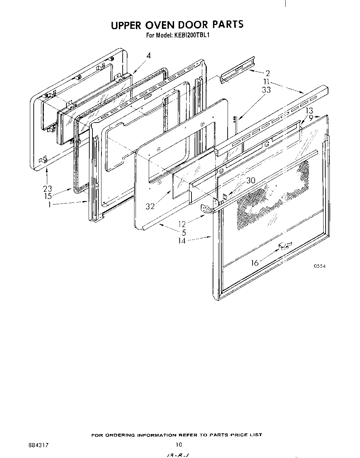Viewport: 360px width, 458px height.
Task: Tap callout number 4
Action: pos(148,56)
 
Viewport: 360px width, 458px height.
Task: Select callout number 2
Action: pos(268,73)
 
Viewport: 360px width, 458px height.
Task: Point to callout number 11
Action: pos(267,82)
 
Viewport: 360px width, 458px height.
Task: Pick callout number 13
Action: pos(309,111)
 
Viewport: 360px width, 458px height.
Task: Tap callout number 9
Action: pos(311,118)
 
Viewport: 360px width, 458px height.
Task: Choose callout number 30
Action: pos(251,181)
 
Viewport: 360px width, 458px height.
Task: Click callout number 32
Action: pos(150,207)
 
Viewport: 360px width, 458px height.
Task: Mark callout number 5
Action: pos(183,232)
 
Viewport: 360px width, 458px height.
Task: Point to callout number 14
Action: pos(182,241)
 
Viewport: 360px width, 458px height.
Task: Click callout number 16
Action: pos(255,263)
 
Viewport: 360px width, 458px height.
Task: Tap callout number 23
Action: pos(47,189)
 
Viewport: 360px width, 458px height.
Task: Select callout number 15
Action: pos(48,196)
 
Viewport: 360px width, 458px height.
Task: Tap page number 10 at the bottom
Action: pos(178,444)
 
